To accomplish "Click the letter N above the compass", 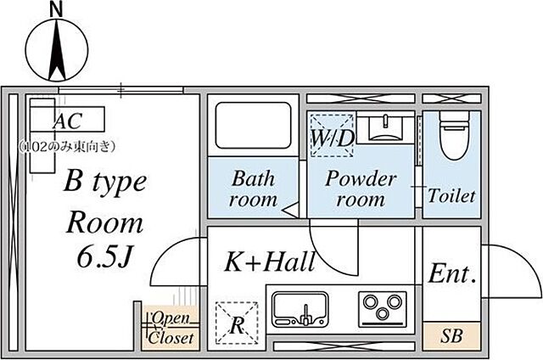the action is coord(57,9).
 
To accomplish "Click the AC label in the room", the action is coord(68,121).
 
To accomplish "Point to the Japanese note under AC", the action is coord(67,147).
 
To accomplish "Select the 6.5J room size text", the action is coord(105,257).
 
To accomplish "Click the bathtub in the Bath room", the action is coord(253,126).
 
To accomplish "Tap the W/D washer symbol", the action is coord(332,136).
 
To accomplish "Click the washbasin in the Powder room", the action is coord(385,128).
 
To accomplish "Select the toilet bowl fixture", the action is coord(454,136).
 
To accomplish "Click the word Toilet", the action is coord(451,196).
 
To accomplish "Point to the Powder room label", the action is coord(361,189).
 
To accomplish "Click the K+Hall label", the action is coord(270,262).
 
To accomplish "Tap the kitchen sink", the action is coord(300,309).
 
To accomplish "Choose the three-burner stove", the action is coord(383,309).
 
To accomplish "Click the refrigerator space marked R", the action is coord(237,323).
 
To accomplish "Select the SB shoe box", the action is coord(451,335).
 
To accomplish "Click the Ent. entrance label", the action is coord(452,273).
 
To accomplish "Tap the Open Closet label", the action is coord(171,328).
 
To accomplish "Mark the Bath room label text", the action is coord(254,189).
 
